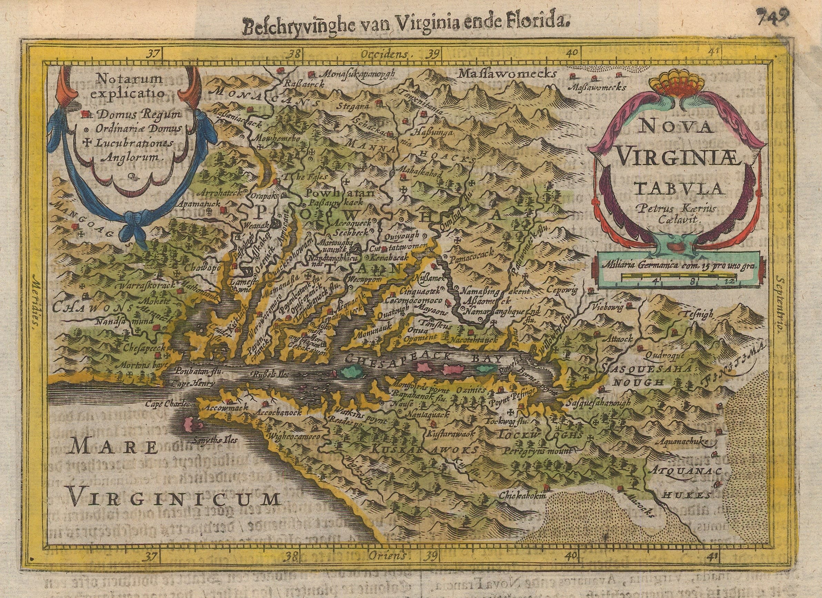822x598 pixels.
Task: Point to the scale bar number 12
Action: click(720, 281)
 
